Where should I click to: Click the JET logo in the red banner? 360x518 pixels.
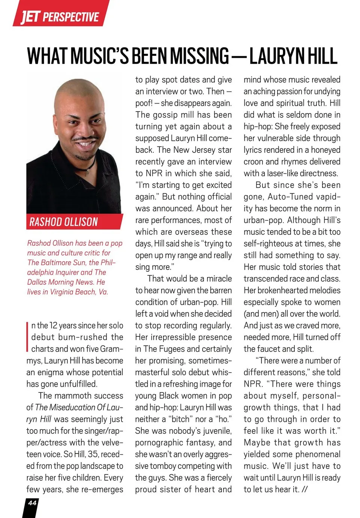(x=30, y=17)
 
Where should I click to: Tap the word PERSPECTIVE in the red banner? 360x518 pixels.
(x=71, y=17)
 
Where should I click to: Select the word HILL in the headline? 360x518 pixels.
(x=322, y=56)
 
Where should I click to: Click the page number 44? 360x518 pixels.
(x=32, y=503)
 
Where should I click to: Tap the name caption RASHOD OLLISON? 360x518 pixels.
(x=63, y=222)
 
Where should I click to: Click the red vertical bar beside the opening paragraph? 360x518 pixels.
(x=28, y=337)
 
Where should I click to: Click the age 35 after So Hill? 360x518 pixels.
(x=93, y=454)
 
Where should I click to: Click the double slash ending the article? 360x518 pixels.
(x=304, y=490)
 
